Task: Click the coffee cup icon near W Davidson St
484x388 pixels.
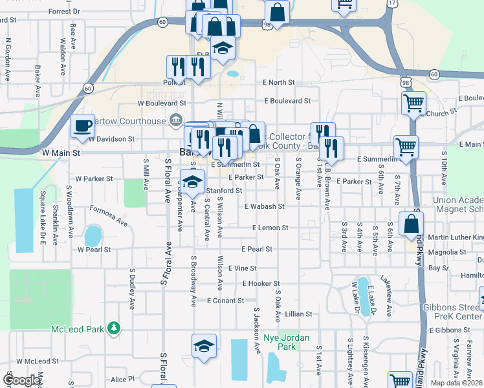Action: (x=82, y=125)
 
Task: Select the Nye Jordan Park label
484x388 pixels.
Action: (x=287, y=342)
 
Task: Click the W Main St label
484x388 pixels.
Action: (x=60, y=153)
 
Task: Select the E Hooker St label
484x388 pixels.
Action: (x=261, y=284)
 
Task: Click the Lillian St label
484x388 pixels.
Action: (x=298, y=314)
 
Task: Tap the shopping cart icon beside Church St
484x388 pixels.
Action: (x=413, y=102)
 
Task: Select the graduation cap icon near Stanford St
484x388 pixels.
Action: (x=192, y=182)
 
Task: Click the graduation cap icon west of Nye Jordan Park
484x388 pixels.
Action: (x=204, y=345)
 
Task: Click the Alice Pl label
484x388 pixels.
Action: (x=122, y=380)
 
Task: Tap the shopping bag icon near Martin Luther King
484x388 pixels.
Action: (x=411, y=224)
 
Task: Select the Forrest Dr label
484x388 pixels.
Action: (x=63, y=12)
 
